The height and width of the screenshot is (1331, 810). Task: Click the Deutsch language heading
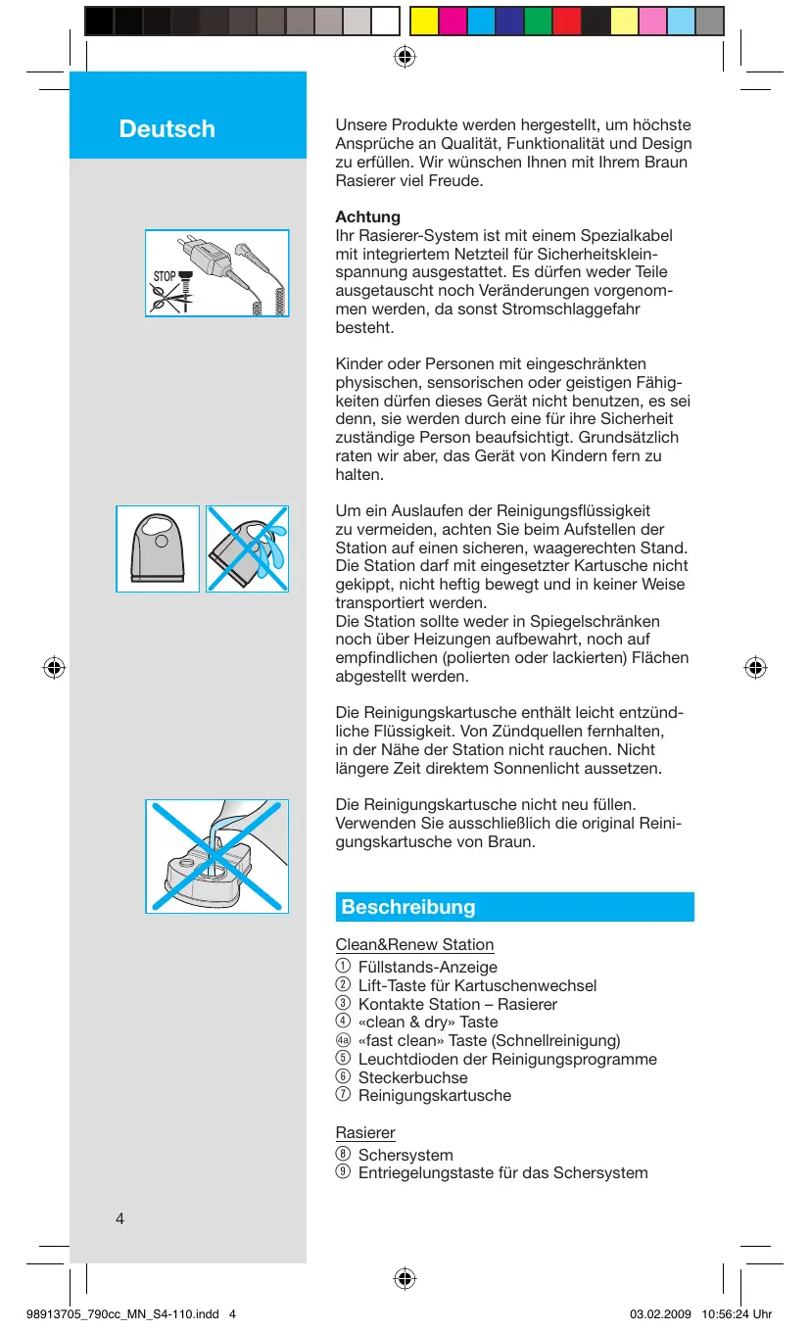(x=167, y=129)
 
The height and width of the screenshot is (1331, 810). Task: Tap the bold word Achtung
(x=368, y=216)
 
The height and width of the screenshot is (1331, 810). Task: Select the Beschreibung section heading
(x=408, y=907)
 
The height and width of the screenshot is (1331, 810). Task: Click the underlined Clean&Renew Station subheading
(x=414, y=944)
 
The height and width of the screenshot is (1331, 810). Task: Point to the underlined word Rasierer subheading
(x=365, y=1132)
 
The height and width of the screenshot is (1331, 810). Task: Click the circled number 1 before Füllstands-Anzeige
(x=343, y=967)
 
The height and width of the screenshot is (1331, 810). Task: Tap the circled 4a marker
(x=343, y=1040)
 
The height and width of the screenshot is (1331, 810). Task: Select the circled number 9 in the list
(x=343, y=1172)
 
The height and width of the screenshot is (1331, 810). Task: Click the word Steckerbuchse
(x=412, y=1077)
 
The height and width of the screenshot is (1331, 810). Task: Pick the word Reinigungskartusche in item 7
(x=434, y=1095)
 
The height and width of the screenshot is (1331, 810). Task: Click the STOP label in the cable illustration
(x=164, y=277)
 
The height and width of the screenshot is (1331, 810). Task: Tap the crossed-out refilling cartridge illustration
(x=217, y=856)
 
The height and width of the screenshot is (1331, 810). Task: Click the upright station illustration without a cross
(x=158, y=548)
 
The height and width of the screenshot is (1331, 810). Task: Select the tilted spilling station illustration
(x=247, y=548)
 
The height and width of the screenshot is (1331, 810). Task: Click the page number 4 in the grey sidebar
(x=119, y=1218)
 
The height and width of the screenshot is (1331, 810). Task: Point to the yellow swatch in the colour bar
(x=423, y=21)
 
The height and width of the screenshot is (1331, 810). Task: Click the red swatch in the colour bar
(x=566, y=21)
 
